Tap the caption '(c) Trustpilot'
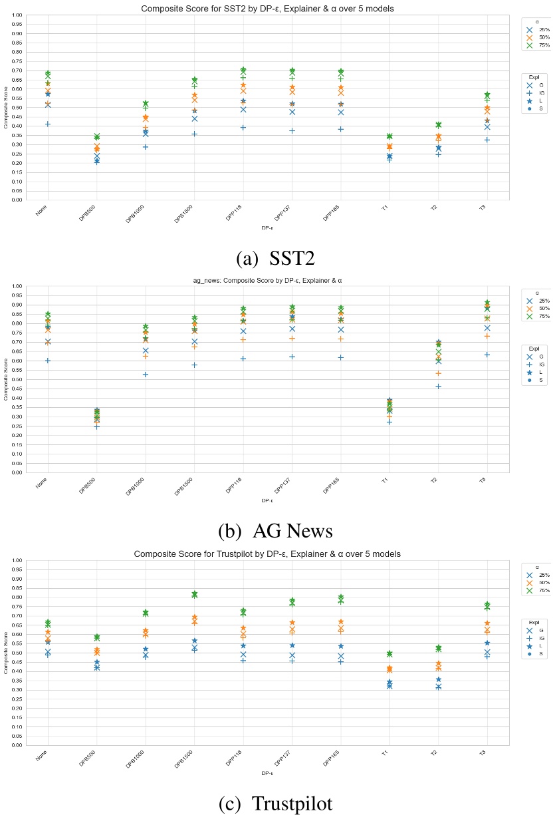click(275, 804)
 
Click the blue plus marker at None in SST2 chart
click(48, 124)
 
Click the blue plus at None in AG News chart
click(48, 361)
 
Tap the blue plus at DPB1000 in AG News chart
click(146, 375)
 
